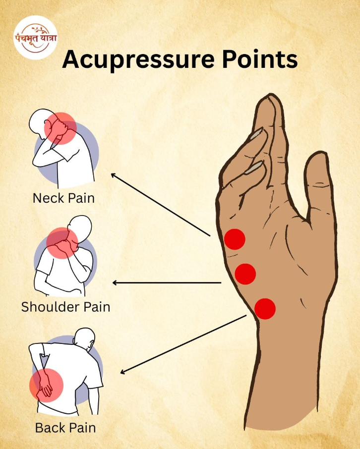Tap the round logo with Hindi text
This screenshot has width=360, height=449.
(36, 38)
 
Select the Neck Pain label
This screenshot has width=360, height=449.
(63, 198)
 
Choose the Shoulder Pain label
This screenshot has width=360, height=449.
(65, 307)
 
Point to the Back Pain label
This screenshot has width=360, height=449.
(65, 428)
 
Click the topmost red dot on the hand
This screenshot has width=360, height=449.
(235, 239)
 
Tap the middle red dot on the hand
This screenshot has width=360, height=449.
(245, 274)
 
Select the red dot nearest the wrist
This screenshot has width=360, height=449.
(265, 309)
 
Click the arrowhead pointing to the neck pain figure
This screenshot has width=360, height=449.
(114, 175)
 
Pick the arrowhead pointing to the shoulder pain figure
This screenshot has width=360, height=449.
(115, 282)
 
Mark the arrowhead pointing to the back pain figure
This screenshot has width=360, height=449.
(123, 372)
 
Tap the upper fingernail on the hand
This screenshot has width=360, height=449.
(256, 133)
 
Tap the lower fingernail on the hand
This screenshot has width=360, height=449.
(254, 167)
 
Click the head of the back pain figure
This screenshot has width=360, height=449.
(85, 339)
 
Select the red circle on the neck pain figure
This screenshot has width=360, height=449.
(60, 128)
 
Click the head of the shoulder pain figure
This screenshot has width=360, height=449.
(80, 227)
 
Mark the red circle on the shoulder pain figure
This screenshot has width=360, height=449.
(62, 243)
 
